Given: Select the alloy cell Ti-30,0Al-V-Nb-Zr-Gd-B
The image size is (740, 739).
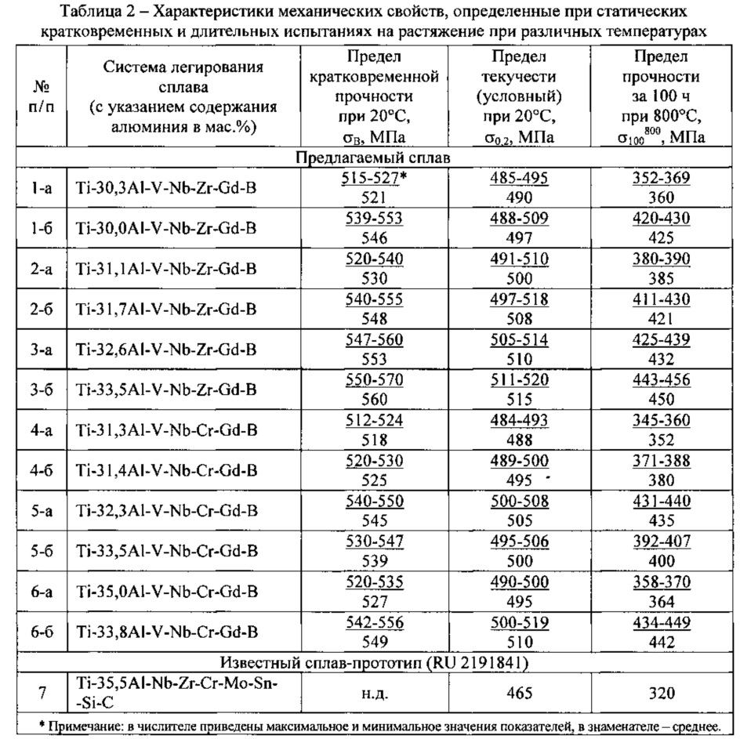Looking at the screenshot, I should click(166, 228).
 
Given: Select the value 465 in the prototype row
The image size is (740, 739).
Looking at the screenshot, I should click(518, 693).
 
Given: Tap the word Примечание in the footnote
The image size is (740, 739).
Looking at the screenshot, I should click(82, 725).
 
